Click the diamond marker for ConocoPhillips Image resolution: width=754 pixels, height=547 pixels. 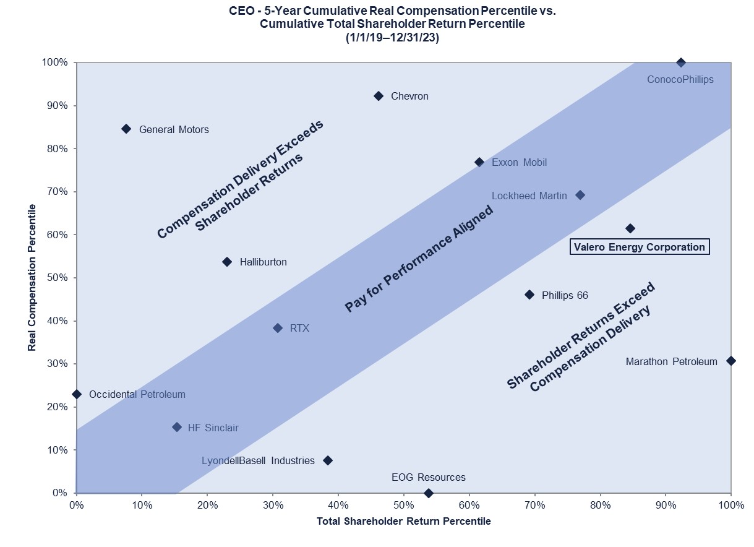[x=681, y=62]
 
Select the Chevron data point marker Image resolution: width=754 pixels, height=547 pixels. [x=379, y=96]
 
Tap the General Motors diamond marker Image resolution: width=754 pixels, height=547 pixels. [x=126, y=129]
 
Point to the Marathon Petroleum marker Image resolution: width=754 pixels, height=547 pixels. [x=730, y=361]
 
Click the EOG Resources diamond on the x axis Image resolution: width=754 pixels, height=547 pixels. [x=429, y=493]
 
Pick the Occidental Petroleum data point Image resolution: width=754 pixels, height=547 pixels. [x=77, y=394]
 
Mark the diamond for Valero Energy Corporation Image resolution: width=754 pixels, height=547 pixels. [x=630, y=228]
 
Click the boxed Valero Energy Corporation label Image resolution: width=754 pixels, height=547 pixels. [x=639, y=247]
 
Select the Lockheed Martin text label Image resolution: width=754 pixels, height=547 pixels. [x=529, y=196]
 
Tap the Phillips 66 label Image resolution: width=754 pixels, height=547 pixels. [x=565, y=295]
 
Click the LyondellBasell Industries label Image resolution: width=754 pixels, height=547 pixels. [x=258, y=461]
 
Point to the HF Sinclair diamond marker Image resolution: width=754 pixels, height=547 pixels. [x=177, y=427]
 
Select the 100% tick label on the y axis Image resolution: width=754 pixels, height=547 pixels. [x=56, y=62]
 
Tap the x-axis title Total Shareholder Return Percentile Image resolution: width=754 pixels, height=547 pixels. [x=403, y=522]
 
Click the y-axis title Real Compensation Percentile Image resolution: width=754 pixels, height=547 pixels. [x=31, y=278]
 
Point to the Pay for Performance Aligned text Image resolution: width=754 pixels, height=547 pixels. [x=419, y=259]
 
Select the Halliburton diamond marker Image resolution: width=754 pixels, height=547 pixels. [x=227, y=262]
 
